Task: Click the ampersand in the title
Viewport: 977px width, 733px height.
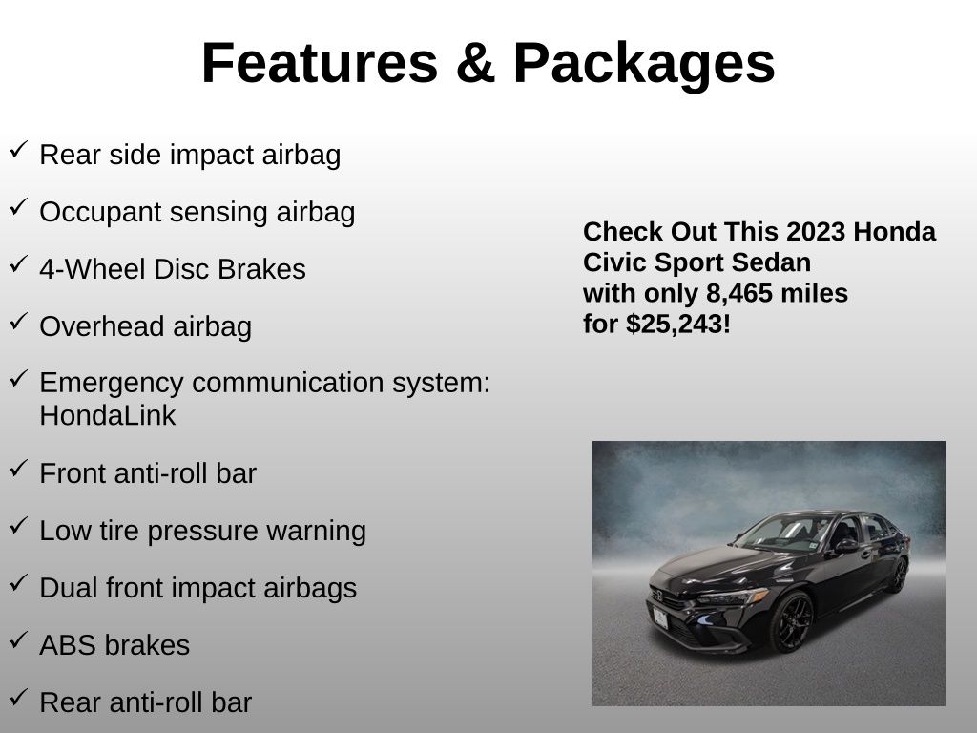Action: (475, 63)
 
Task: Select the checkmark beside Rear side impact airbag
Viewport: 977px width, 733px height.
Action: (19, 150)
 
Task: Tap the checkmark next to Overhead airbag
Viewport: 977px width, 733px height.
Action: (19, 322)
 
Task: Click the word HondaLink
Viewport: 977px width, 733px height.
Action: (108, 416)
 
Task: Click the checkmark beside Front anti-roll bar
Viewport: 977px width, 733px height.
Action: (19, 469)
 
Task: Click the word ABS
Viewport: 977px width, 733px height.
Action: (68, 645)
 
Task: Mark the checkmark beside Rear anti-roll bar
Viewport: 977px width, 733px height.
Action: (19, 698)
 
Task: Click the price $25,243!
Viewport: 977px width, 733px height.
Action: (678, 325)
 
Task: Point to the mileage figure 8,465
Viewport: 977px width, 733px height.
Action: (738, 294)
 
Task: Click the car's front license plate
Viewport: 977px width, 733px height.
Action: (660, 618)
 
